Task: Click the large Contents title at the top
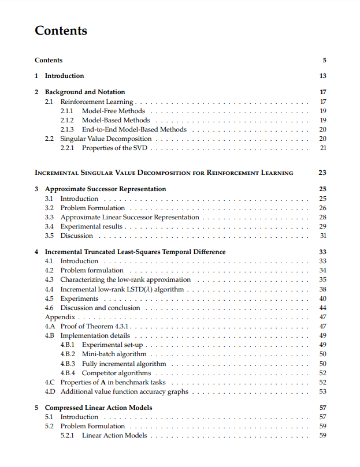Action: point(61,31)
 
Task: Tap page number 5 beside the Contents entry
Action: point(324,60)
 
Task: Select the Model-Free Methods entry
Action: point(113,111)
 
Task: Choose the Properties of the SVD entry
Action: point(114,148)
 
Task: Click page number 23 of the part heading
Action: point(322,173)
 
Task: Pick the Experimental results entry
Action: point(91,226)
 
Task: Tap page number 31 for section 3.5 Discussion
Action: point(322,236)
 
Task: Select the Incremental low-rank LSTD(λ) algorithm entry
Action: point(122,289)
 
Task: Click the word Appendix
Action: point(60,317)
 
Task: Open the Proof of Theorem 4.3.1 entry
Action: point(96,326)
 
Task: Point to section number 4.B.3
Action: point(68,364)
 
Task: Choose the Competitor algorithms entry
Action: point(116,373)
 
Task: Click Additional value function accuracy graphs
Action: point(124,391)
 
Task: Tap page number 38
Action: point(322,289)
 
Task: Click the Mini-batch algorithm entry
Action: point(114,354)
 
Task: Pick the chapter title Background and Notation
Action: point(84,92)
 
